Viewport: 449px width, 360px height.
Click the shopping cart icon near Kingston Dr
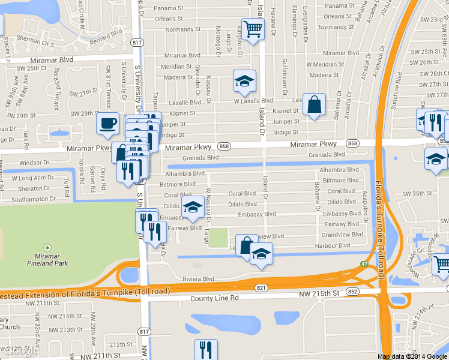click(253, 28)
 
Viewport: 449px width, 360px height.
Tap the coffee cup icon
click(107, 123)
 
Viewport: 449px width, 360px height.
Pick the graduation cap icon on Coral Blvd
click(192, 206)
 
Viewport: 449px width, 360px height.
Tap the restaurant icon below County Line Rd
click(206, 349)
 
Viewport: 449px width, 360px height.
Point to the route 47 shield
click(364, 265)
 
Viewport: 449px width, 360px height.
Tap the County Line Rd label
click(214, 298)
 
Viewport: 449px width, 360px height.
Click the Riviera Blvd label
click(198, 279)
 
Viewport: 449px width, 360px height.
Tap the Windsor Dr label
click(34, 163)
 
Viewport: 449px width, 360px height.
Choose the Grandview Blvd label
click(342, 235)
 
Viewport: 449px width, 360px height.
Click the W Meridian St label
click(325, 64)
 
